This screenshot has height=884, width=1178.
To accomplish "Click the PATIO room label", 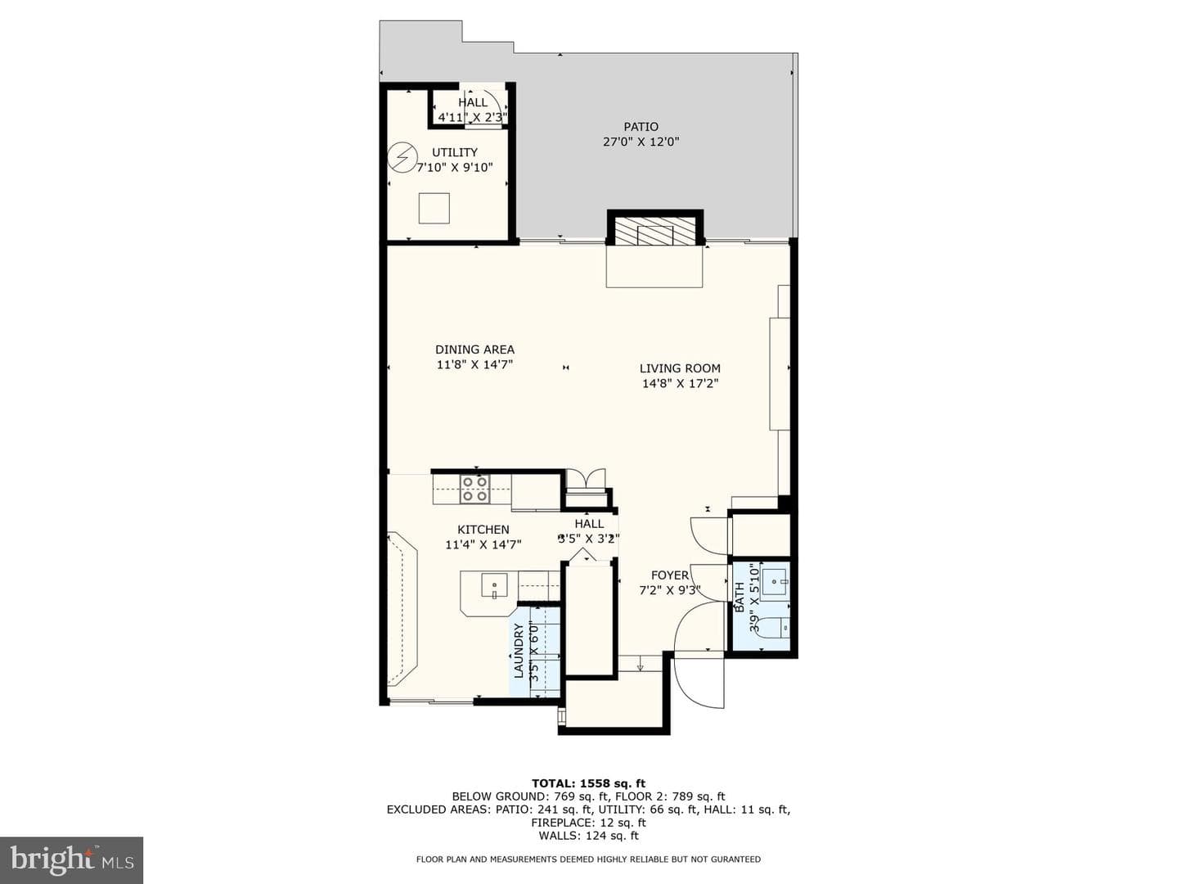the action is point(641,127).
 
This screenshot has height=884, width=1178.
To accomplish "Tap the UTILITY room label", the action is point(455,152).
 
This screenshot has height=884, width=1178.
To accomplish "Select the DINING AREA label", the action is point(474,350).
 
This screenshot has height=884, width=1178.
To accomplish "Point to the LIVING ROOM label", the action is point(680,368).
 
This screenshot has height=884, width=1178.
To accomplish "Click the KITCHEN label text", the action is point(483,530).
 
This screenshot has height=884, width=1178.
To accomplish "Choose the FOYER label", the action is point(669,575).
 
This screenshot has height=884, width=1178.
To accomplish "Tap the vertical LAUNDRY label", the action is point(519,651).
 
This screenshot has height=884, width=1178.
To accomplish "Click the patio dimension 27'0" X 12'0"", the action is point(641,142).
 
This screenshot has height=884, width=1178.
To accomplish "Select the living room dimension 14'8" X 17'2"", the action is point(680,383).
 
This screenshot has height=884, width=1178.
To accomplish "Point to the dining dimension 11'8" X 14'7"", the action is point(474,364).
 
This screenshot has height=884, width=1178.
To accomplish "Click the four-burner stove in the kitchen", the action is point(475,489).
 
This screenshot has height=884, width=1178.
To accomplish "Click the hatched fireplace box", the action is point(654,231).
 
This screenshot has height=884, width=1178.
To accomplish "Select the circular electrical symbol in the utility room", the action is point(402,156).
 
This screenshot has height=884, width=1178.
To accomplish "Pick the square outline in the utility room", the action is point(434,208).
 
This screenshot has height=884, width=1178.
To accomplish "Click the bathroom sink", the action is point(776,580).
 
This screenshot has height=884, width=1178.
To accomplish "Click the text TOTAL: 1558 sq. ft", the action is point(588,783).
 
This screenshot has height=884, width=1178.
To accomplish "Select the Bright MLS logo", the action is point(71,859).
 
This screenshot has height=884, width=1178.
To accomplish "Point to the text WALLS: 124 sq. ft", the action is point(588,836).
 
